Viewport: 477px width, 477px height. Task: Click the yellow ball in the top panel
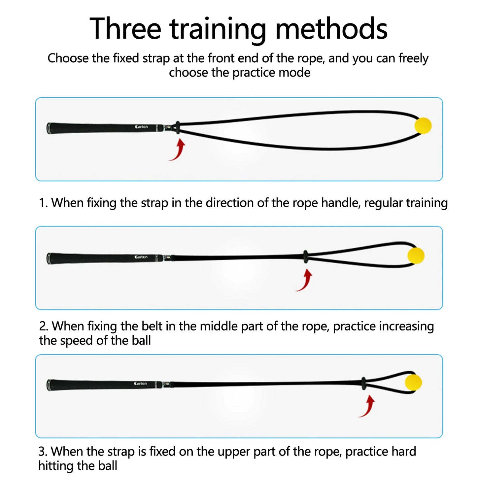[423, 125]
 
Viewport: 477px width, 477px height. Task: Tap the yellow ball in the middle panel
[416, 256]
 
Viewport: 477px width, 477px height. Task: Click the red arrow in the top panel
[178, 150]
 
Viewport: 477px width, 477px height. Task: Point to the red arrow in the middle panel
[304, 280]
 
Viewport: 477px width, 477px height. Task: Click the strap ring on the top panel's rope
[178, 127]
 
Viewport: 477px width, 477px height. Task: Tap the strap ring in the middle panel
[306, 256]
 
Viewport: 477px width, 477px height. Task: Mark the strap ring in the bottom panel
[363, 383]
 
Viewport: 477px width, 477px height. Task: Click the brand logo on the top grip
[141, 127]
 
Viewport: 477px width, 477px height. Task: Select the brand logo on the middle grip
[141, 257]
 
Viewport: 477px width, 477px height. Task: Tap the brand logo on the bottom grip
[141, 384]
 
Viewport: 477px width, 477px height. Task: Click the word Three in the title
[125, 29]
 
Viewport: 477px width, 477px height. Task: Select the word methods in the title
[331, 29]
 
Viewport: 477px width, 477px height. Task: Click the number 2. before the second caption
[44, 326]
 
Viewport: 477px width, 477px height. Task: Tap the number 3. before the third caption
[43, 452]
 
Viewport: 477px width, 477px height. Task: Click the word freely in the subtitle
[413, 58]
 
